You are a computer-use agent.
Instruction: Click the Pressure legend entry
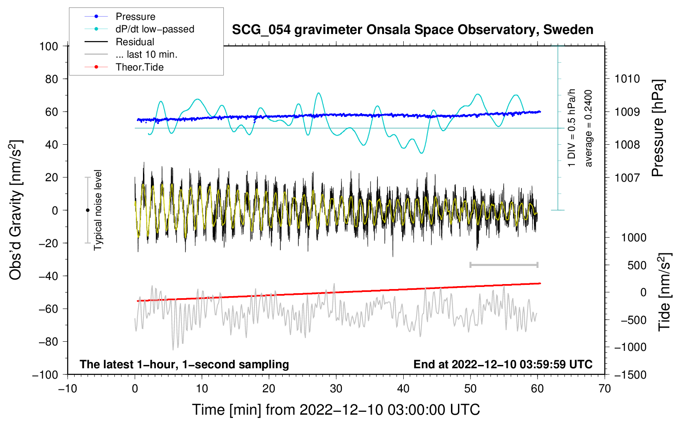[x=135, y=17]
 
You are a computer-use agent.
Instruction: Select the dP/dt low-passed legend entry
[x=155, y=29]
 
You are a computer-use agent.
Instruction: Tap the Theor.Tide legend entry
[x=139, y=67]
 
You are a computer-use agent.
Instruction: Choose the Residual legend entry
[x=135, y=42]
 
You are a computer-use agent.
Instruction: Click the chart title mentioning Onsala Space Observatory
[x=412, y=30]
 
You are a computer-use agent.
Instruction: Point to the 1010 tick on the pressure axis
[x=627, y=79]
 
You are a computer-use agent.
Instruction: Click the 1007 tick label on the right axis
[x=627, y=178]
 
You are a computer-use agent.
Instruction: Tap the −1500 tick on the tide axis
[x=630, y=375]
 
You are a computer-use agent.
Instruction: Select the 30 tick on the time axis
[x=336, y=389]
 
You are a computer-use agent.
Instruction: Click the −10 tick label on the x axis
[x=68, y=389]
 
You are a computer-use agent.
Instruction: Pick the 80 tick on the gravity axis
[x=51, y=79]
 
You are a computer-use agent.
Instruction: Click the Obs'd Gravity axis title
[x=16, y=210]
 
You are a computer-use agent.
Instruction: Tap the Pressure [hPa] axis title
[x=658, y=129]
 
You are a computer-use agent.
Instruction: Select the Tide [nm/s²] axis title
[x=664, y=292]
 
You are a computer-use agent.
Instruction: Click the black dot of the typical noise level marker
[x=87, y=210]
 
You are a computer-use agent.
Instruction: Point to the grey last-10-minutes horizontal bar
[x=504, y=265]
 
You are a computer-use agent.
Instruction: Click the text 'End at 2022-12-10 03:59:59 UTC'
[x=503, y=365]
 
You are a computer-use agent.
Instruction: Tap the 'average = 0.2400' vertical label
[x=589, y=129]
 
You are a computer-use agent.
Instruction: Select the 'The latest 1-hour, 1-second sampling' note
[x=184, y=365]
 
